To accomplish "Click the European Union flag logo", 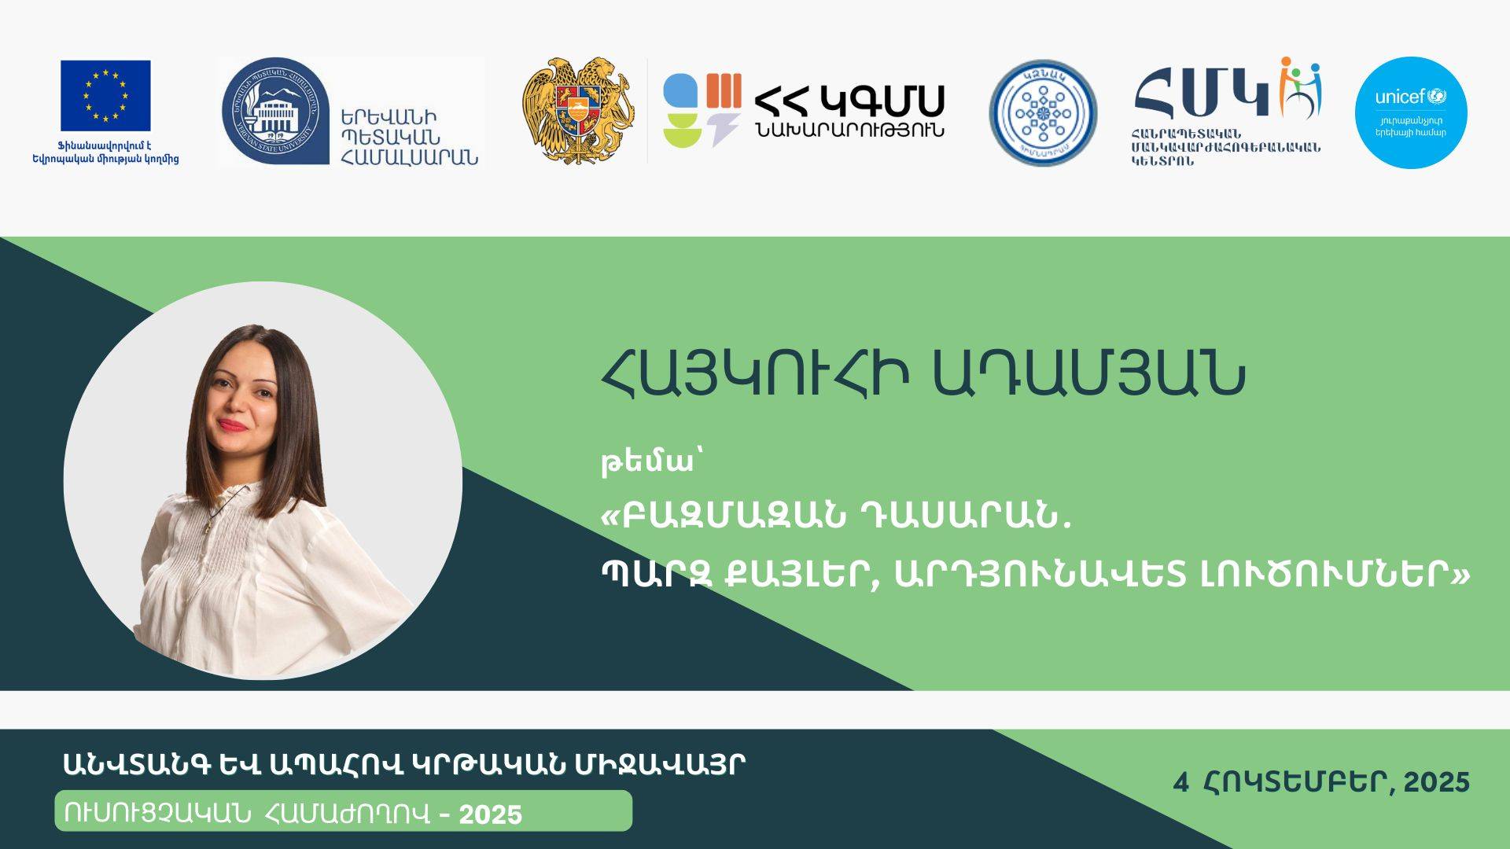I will tap(105, 95).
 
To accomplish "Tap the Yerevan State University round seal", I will tap(274, 110).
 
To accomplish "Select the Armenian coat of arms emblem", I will tap(578, 110).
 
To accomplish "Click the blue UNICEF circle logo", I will tap(1411, 112).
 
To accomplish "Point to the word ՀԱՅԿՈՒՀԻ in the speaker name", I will tap(755, 377).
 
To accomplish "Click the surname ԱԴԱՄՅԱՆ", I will tap(1089, 377).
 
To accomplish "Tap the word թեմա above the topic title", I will tap(647, 464).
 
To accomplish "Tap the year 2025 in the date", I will tap(1437, 782).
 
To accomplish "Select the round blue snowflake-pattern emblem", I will tap(1043, 112).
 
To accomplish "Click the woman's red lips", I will tap(233, 425).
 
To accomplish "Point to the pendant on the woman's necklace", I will tap(208, 527).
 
